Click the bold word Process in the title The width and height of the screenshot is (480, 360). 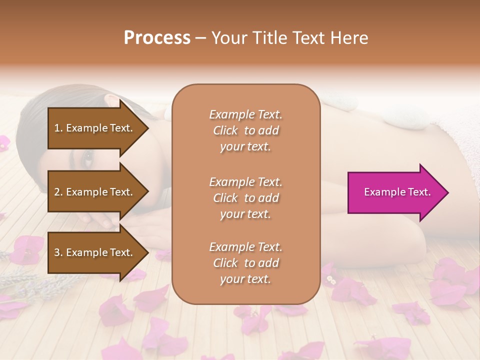[x=157, y=37]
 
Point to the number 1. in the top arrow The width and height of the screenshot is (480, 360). [x=58, y=128]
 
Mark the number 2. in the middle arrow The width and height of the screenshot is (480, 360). [x=58, y=192]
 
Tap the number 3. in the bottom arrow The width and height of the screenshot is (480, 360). [x=58, y=253]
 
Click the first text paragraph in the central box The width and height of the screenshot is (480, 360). [x=245, y=130]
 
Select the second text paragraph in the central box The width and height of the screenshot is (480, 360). [x=245, y=198]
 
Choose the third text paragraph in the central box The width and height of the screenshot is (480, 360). [x=245, y=263]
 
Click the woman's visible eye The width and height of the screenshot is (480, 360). [x=88, y=158]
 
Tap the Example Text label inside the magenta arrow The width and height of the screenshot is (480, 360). [x=397, y=192]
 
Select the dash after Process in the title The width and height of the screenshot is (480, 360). [x=201, y=38]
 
